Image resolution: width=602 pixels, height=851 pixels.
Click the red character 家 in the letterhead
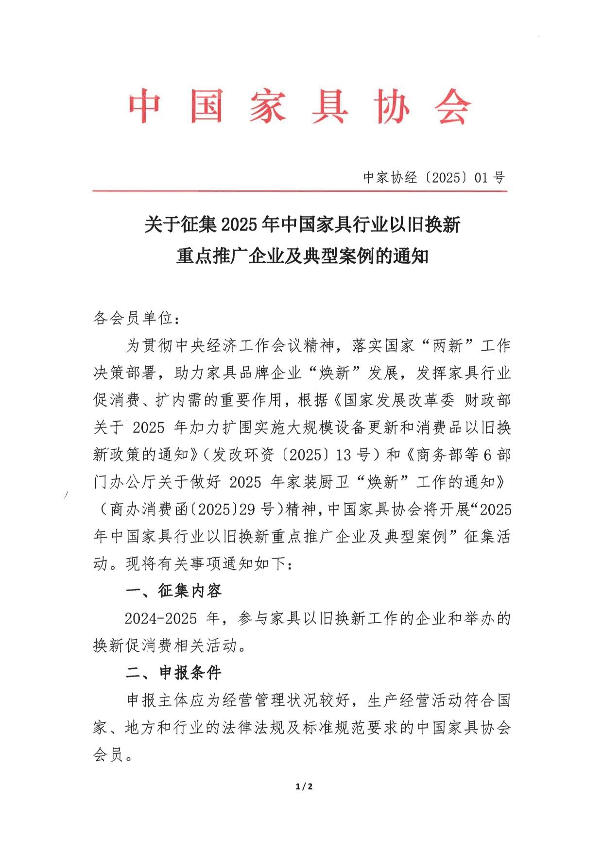[x=268, y=106]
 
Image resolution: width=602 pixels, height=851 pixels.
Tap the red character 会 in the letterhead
[x=452, y=106]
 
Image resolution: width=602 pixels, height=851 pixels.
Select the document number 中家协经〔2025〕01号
[x=434, y=177]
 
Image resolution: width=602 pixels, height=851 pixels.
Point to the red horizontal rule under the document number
[x=299, y=191]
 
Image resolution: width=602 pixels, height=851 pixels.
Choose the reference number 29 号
[x=257, y=510]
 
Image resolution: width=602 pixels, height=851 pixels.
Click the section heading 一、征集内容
[x=173, y=591]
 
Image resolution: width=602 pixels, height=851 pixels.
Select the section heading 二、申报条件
[x=173, y=673]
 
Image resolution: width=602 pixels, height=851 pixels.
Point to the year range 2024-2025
[x=161, y=619]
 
